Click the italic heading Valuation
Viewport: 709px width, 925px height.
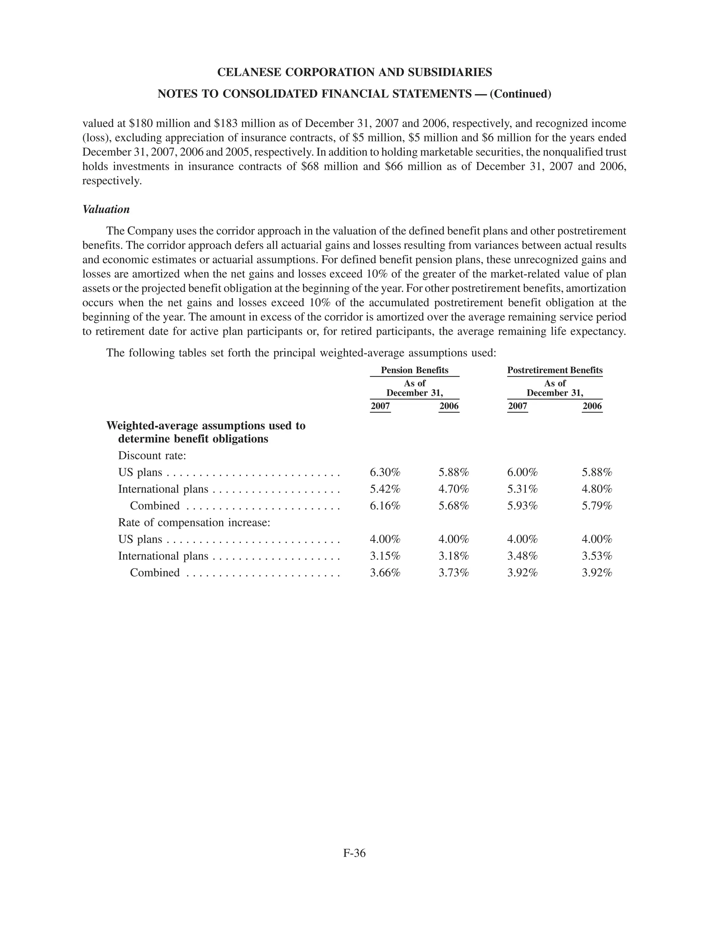pyautogui.click(x=106, y=209)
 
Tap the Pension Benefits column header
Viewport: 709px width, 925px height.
pyautogui.click(x=414, y=370)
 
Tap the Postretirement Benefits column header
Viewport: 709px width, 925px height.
pyautogui.click(x=555, y=370)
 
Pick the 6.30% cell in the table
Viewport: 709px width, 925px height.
pyautogui.click(x=385, y=472)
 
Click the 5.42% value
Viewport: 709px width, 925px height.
pyautogui.click(x=385, y=489)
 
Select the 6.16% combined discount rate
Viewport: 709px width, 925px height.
pyautogui.click(x=385, y=506)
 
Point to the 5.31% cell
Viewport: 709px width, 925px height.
pyautogui.click(x=522, y=489)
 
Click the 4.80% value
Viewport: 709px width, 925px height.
pyautogui.click(x=597, y=489)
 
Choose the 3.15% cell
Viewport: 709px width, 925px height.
pyautogui.click(x=385, y=556)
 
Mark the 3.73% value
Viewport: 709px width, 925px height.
pyautogui.click(x=454, y=573)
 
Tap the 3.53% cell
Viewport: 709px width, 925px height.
pyautogui.click(x=597, y=556)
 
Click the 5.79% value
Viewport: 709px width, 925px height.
pyautogui.click(x=597, y=506)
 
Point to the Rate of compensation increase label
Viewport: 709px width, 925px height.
pyautogui.click(x=194, y=523)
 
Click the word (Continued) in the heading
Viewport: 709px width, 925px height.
pyautogui.click(x=520, y=94)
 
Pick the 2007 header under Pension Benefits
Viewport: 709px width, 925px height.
pyautogui.click(x=380, y=406)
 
